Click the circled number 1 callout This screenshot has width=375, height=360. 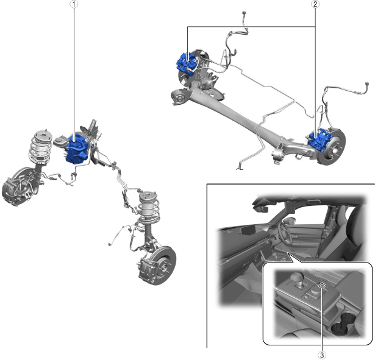[x=74, y=4]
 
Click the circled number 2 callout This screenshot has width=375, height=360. [x=315, y=4]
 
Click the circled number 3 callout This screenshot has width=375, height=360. [x=322, y=355]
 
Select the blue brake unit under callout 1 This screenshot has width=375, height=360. [x=77, y=149]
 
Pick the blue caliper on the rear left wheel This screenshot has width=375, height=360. [x=186, y=62]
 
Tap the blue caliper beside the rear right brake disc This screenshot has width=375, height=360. [x=319, y=141]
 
